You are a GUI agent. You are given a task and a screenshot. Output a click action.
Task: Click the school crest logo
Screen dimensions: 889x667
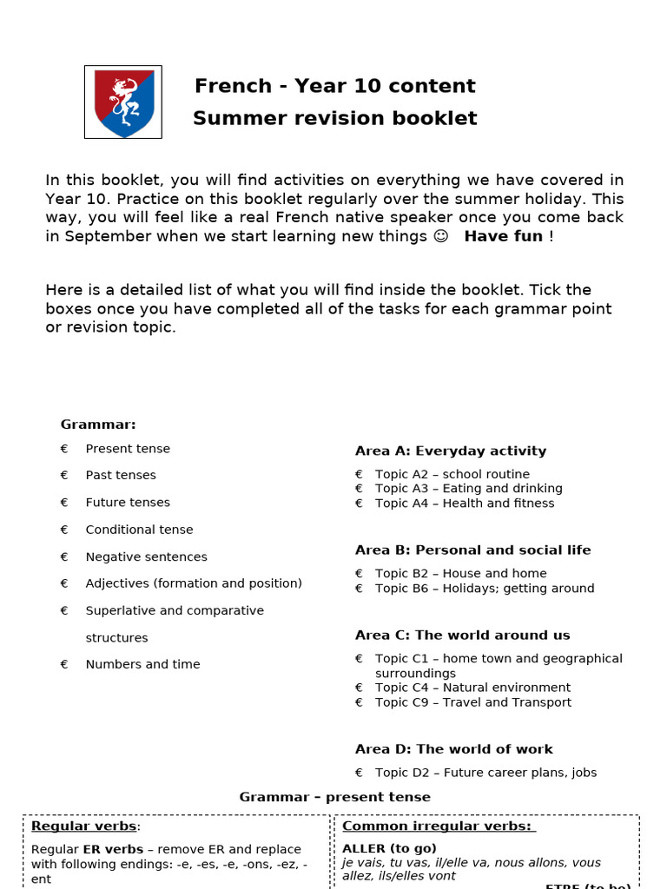(x=122, y=102)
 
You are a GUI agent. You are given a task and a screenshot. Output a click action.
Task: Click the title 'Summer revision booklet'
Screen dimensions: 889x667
(x=334, y=118)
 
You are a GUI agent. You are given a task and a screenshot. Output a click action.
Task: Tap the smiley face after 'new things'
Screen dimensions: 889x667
(x=440, y=236)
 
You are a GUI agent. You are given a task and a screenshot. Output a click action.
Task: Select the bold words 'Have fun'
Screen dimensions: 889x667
(x=504, y=236)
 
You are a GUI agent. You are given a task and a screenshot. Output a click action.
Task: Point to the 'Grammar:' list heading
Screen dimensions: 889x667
(x=98, y=425)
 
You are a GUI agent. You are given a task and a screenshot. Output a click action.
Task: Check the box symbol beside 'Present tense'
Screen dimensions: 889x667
(x=64, y=449)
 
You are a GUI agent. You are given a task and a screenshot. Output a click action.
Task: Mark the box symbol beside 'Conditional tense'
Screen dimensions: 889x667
(x=64, y=530)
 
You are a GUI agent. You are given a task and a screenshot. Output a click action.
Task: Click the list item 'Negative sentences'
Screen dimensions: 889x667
(x=146, y=556)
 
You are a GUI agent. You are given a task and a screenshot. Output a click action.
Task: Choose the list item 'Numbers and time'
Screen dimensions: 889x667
(x=142, y=664)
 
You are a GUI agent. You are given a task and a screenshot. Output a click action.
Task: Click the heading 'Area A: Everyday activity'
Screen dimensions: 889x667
(x=451, y=451)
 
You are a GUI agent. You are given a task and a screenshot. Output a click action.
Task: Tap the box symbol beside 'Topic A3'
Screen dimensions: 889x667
(x=359, y=489)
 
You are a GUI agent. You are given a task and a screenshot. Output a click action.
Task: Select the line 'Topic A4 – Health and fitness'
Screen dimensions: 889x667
(x=464, y=504)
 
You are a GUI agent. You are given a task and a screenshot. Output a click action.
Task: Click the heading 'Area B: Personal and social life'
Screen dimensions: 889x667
(x=472, y=550)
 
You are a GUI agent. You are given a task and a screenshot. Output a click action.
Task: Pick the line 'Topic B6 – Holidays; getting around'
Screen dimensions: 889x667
(x=485, y=589)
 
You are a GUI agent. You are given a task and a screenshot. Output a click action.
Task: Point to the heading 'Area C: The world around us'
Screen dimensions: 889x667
(x=462, y=635)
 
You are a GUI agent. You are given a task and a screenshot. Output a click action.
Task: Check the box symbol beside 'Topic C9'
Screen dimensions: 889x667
(x=359, y=702)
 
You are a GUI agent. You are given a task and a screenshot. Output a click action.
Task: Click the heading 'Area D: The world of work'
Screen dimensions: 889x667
(x=453, y=749)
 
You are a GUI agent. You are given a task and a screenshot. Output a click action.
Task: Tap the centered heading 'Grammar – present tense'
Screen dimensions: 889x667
(x=334, y=797)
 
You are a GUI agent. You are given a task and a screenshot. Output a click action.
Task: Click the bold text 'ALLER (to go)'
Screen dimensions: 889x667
(x=389, y=848)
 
